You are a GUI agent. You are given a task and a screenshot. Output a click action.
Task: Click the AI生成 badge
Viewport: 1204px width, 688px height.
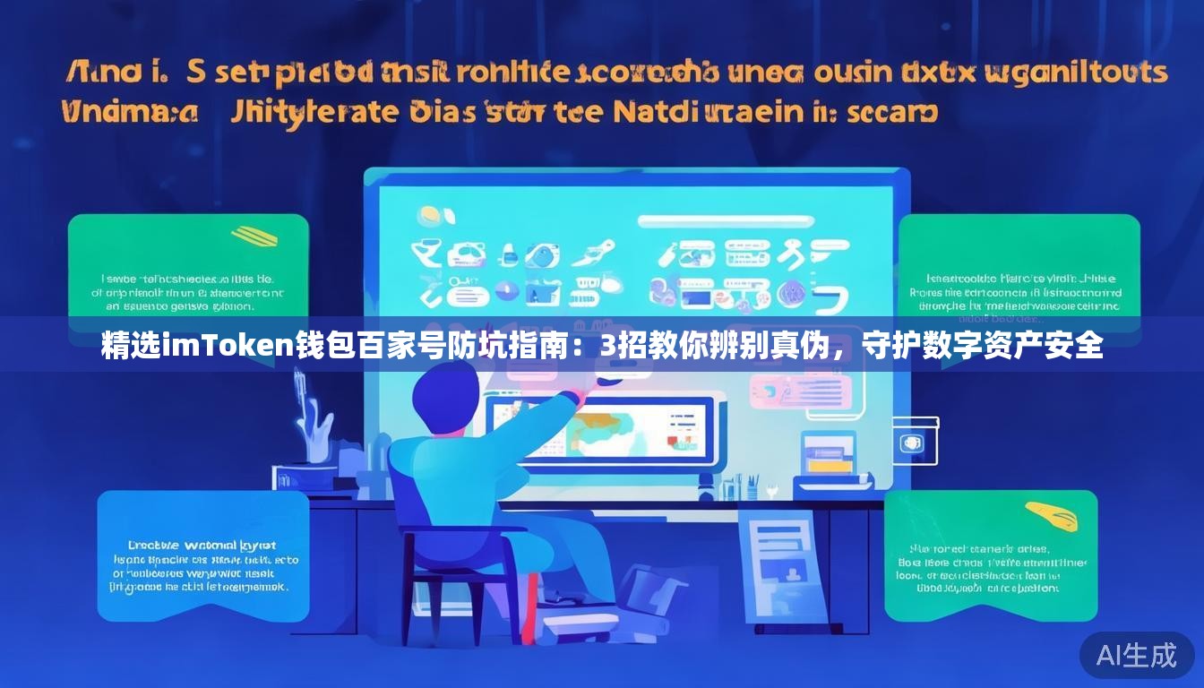1136,655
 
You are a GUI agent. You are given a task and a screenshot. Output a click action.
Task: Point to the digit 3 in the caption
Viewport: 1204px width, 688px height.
607,345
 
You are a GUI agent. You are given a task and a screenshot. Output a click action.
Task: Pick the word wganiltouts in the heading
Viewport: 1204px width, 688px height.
1075,72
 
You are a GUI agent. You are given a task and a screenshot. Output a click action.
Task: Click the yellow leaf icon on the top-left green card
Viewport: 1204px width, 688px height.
254,236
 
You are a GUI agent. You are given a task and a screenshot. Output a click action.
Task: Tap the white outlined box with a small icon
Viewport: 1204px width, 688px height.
913,442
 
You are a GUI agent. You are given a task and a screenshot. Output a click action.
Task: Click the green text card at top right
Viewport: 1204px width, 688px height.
1019,269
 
